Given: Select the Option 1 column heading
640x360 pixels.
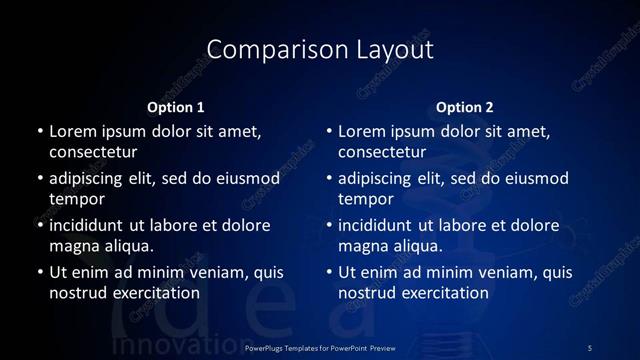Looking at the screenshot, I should coord(176,107).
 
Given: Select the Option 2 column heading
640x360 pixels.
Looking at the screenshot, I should coord(465,107).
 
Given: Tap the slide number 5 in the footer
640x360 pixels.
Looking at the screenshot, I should coord(590,347).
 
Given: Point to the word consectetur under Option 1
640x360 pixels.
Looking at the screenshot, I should coord(94,153).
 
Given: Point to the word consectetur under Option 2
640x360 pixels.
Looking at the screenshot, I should coord(383,153).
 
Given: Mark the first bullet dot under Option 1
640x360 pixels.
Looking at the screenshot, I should coord(39,132).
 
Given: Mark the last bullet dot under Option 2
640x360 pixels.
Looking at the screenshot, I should coord(329,271).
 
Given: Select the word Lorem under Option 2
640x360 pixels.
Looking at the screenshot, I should coord(362,132).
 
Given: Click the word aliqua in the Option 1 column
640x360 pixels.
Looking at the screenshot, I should coord(129,246).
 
